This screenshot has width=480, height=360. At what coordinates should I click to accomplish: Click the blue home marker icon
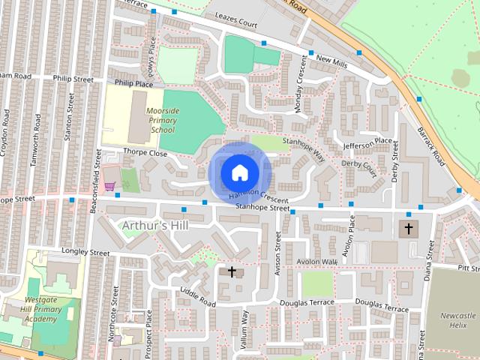coord(239,172)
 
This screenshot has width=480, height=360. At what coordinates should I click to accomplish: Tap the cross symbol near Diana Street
coord(409,227)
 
